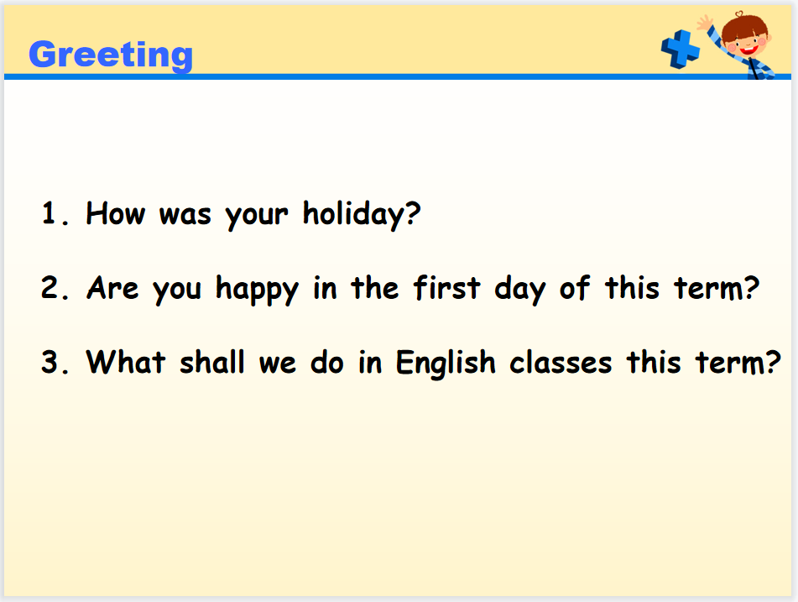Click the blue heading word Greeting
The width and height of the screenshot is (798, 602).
(111, 55)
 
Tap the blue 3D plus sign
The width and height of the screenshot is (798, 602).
(681, 49)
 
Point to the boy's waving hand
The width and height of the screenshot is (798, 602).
(705, 23)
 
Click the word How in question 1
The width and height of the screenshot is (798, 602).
(116, 213)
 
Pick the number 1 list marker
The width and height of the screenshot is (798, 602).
(55, 213)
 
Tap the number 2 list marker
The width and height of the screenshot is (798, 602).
(55, 288)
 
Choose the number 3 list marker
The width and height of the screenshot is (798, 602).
(55, 362)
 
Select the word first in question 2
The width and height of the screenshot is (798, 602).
(447, 287)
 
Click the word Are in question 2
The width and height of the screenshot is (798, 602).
(112, 288)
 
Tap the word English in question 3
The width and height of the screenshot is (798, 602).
(446, 364)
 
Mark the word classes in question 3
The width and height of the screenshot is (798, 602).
(561, 362)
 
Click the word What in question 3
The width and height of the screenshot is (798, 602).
(126, 362)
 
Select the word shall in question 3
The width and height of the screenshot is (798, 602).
(212, 362)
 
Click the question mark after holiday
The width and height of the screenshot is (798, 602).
(413, 213)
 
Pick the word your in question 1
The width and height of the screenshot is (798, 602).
(257, 217)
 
